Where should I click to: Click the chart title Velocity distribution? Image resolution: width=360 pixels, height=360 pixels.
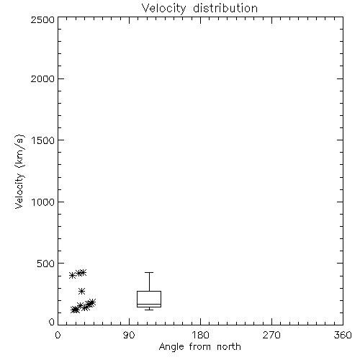199,8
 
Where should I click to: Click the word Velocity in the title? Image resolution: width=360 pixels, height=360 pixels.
163,9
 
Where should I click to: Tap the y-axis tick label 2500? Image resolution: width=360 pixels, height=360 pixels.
42,19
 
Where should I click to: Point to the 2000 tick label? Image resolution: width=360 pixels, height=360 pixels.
42,78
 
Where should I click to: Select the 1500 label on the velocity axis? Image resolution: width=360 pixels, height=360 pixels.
43,140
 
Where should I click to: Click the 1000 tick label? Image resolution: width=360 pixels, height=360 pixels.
43,202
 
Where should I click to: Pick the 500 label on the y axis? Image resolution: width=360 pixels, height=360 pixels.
46,264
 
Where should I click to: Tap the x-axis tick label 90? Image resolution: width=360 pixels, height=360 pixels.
129,335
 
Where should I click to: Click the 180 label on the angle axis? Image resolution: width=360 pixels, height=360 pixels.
200,335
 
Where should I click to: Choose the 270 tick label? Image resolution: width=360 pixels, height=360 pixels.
271,335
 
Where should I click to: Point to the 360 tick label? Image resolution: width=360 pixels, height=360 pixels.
343,335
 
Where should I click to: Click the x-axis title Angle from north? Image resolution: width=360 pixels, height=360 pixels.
200,347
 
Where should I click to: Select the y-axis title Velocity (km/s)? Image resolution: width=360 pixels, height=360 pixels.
19,171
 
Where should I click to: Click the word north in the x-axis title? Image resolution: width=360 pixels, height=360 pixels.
229,346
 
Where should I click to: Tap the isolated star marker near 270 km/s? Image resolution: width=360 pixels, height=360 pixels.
82,291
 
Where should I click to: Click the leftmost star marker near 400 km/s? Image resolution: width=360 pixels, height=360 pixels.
72,275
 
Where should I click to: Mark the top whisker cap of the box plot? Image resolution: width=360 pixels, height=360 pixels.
149,272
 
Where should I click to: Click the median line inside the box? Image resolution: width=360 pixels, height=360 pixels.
149,304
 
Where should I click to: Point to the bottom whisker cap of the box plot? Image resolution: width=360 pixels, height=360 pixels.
149,310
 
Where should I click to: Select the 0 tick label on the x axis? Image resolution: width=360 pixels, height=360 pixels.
58,335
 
